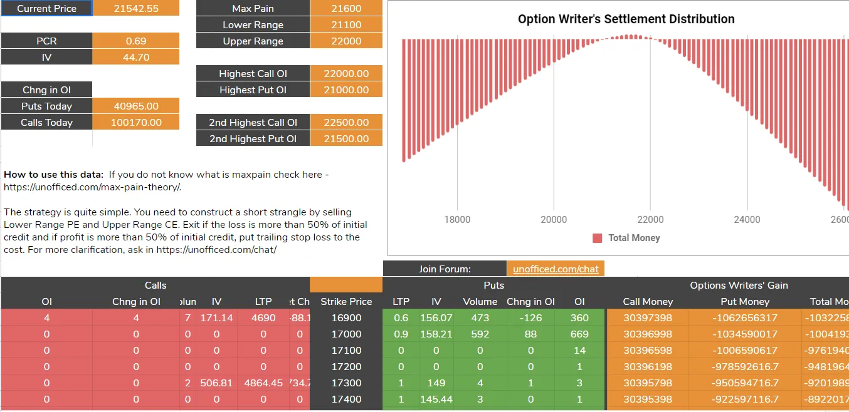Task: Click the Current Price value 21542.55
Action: tap(136, 9)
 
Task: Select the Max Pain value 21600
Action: tap(345, 9)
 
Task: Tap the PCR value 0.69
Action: tap(136, 41)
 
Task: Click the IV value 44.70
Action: tap(136, 58)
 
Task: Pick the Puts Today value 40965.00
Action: tap(136, 106)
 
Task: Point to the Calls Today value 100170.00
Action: tap(136, 123)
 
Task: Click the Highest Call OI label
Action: tap(253, 74)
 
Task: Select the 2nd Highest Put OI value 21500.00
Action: tap(346, 139)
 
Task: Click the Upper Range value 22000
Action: tap(345, 41)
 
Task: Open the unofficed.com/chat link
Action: tap(556, 269)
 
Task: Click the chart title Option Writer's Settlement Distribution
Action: tap(626, 19)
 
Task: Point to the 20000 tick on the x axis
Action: tap(554, 220)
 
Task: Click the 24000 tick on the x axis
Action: tap(747, 220)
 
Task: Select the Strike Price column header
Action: tap(346, 302)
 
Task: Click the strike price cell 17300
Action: tap(346, 383)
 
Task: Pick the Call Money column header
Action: tap(648, 302)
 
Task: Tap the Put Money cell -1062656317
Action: tap(745, 318)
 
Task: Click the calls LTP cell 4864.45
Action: tap(263, 383)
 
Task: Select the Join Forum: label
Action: tap(445, 269)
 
